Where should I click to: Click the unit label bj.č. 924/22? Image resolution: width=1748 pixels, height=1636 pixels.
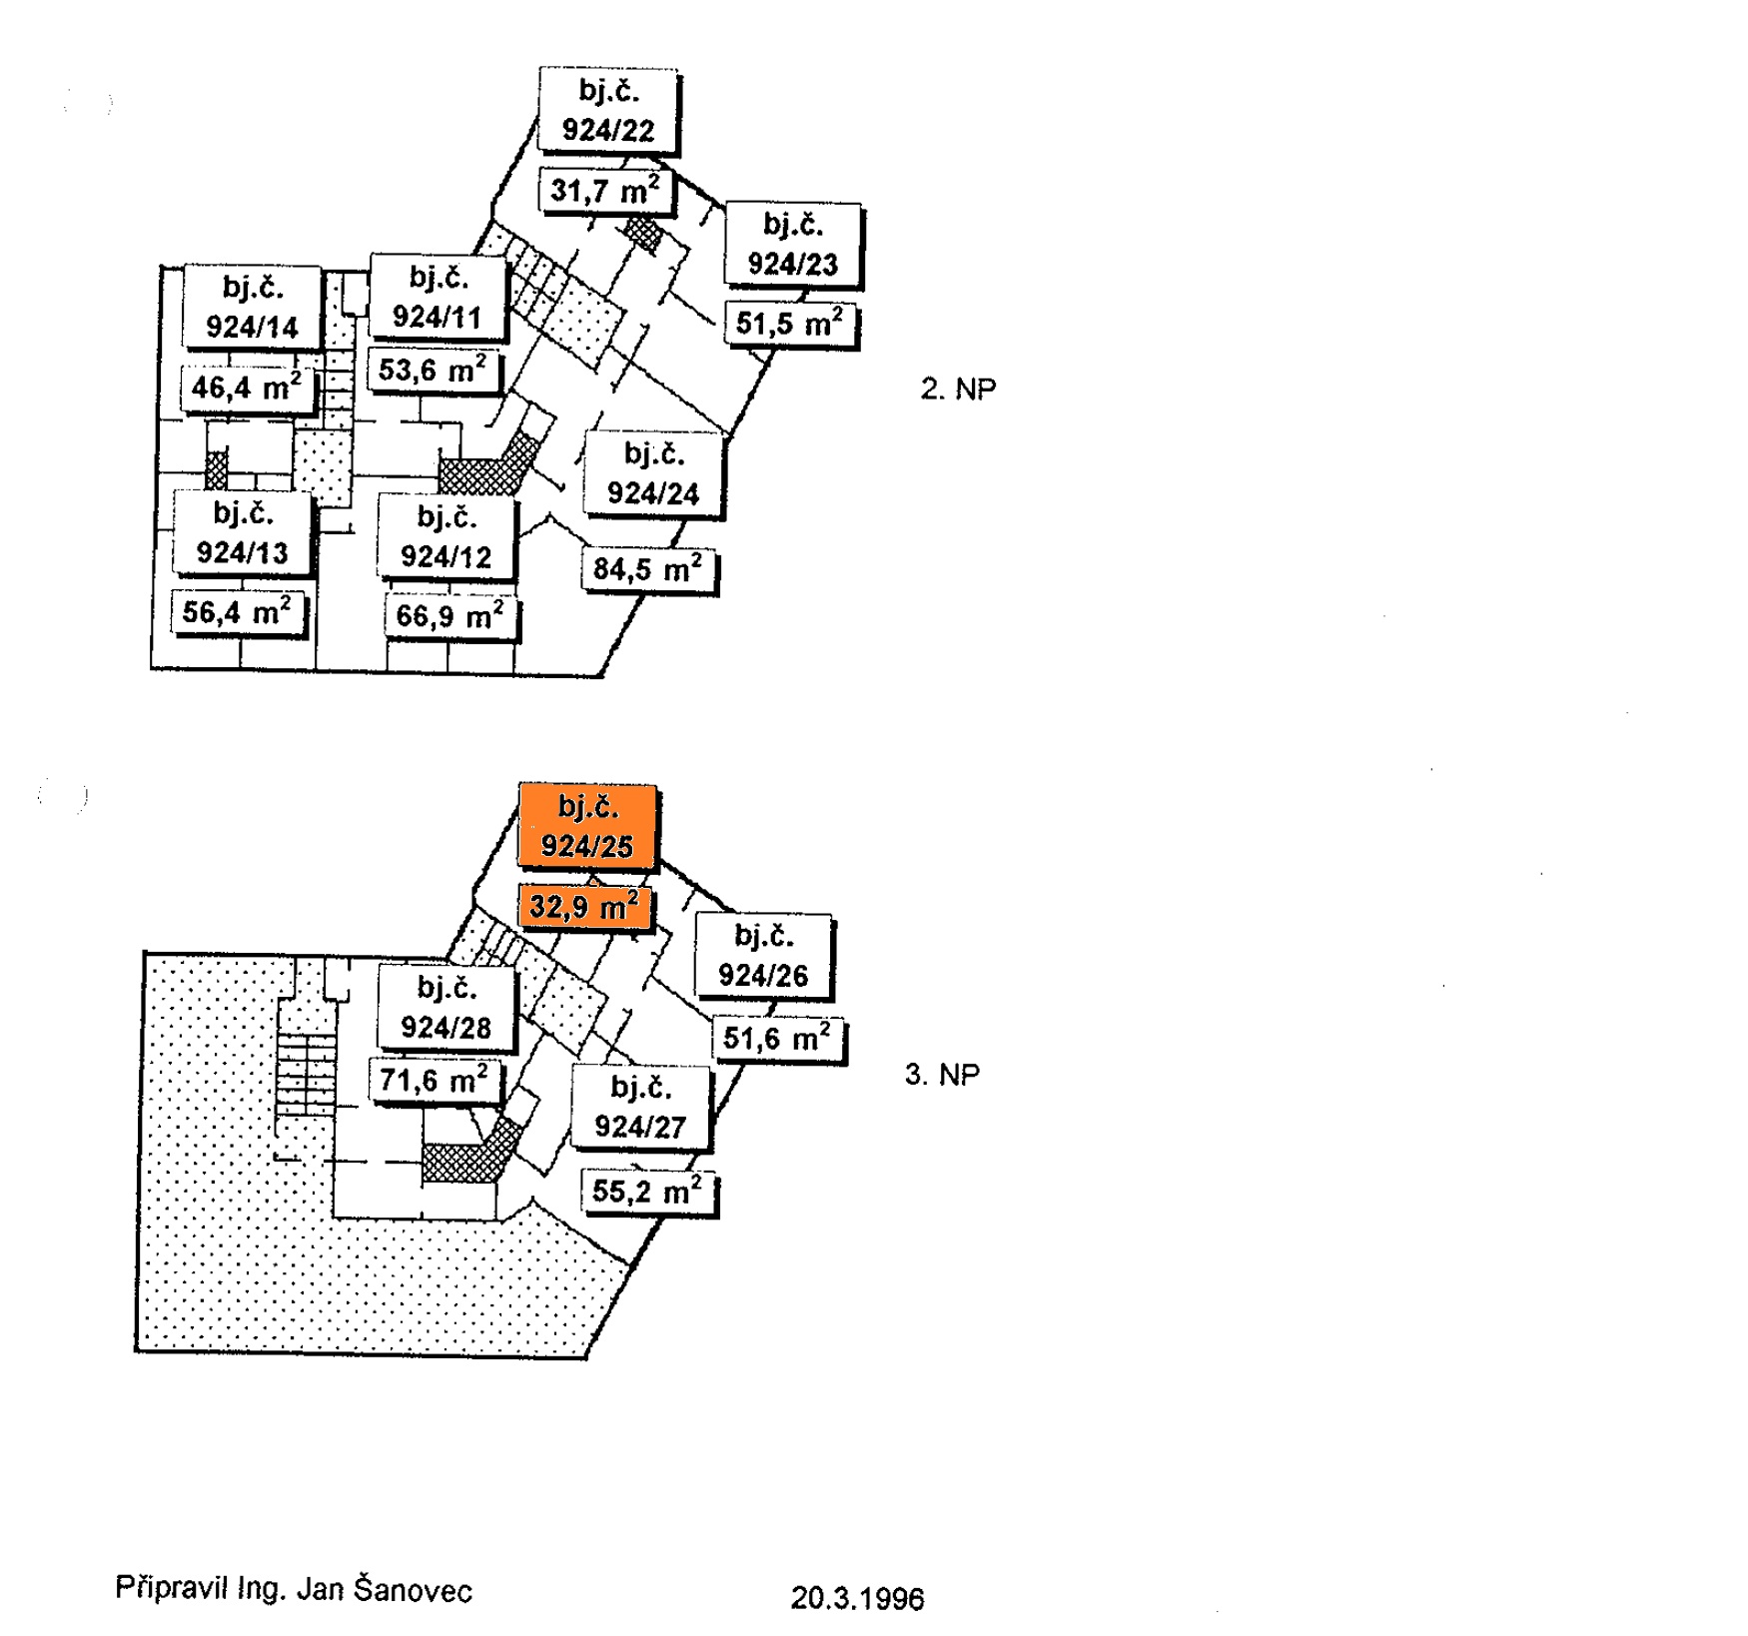click(x=608, y=111)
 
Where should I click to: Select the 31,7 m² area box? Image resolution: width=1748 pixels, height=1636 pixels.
click(x=605, y=190)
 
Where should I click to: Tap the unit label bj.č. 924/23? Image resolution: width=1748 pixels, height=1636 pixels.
click(x=792, y=245)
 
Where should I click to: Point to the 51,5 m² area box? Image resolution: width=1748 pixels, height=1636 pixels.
click(x=789, y=323)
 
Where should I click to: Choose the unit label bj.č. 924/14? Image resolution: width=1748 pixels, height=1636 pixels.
click(x=252, y=308)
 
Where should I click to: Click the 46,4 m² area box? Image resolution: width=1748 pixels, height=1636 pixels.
click(x=246, y=387)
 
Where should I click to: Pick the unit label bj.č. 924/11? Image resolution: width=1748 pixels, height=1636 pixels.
click(x=437, y=297)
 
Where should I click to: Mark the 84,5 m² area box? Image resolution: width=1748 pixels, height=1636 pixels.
click(x=647, y=569)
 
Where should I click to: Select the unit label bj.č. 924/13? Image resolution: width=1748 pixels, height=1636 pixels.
click(x=242, y=532)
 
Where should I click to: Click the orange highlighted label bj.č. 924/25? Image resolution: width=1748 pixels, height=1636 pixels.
click(x=587, y=826)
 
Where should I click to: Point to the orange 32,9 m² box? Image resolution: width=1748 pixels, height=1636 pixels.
click(x=584, y=907)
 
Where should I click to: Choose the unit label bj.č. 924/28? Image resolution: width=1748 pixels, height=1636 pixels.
click(x=445, y=1008)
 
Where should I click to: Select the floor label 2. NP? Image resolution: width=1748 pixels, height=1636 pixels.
click(x=958, y=389)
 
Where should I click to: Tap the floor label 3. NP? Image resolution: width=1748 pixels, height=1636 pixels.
click(x=942, y=1075)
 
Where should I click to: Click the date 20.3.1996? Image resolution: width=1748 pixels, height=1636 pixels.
click(x=857, y=1598)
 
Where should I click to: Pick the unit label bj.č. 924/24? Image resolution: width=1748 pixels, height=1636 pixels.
click(x=653, y=473)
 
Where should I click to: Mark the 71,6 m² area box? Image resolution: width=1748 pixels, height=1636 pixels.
click(x=434, y=1081)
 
